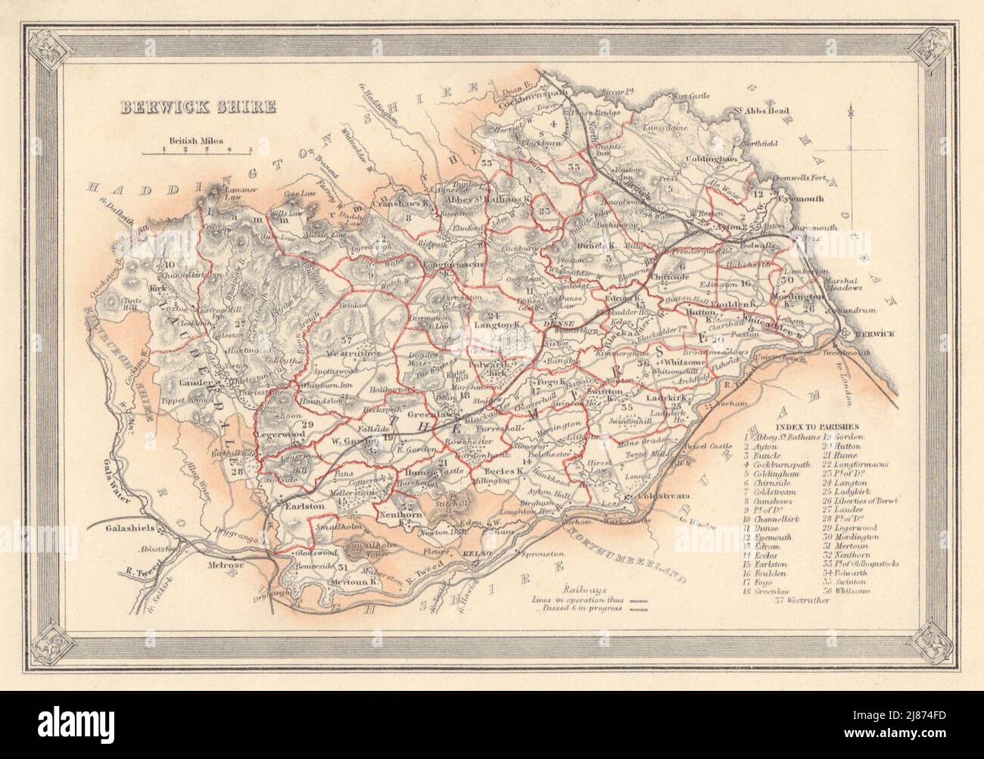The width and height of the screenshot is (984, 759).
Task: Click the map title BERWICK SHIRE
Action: coord(195,107)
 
